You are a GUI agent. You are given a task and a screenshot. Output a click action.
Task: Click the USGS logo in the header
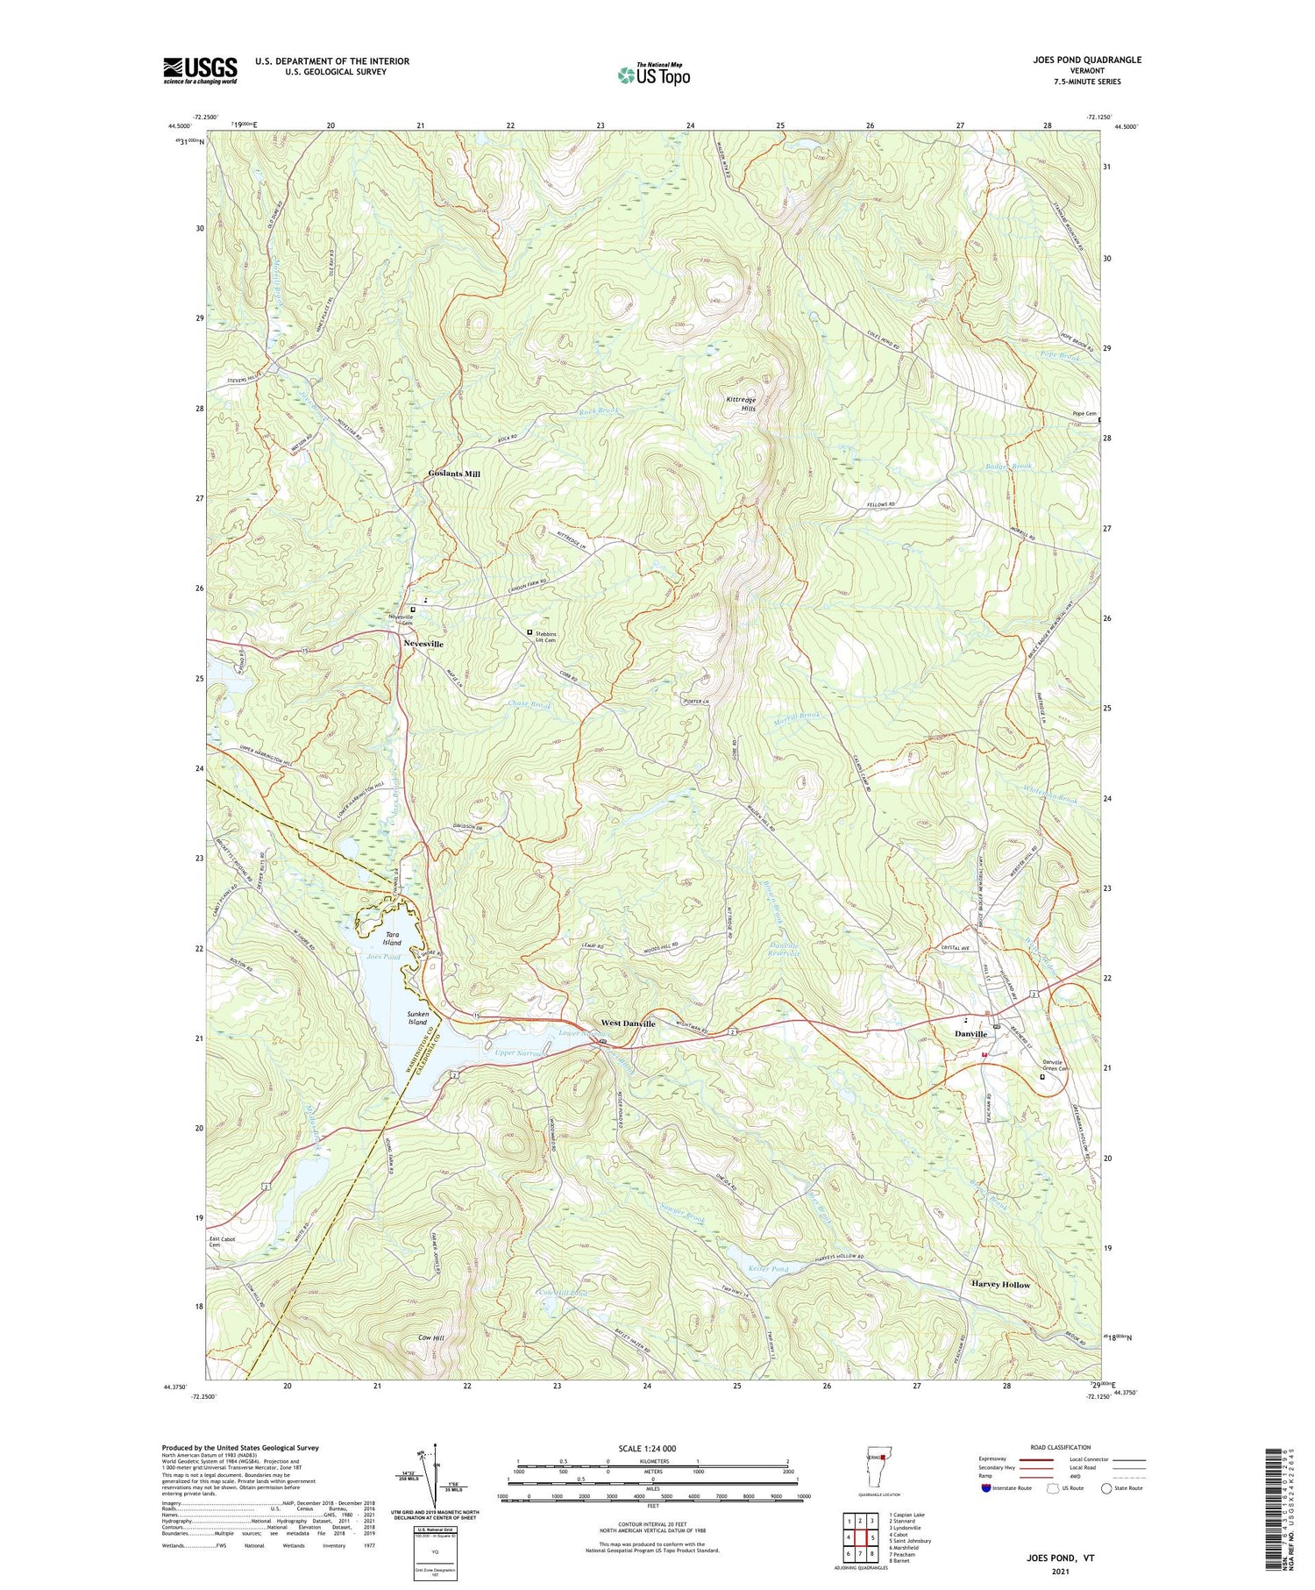click(200, 70)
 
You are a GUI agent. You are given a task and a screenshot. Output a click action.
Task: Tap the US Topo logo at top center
click(653, 75)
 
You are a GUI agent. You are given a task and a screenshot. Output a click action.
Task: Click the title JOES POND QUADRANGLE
click(1088, 60)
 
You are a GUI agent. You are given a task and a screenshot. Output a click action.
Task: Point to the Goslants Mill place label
click(454, 474)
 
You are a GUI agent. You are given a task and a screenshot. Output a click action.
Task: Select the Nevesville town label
click(423, 644)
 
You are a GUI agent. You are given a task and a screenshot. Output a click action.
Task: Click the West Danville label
click(628, 1023)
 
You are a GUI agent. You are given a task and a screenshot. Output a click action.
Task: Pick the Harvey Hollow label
click(1000, 1284)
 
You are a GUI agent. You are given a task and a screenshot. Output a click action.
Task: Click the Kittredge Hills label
click(741, 403)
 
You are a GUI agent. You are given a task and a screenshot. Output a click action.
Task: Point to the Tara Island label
click(391, 938)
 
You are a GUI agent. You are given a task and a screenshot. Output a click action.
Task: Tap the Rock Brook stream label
click(599, 410)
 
